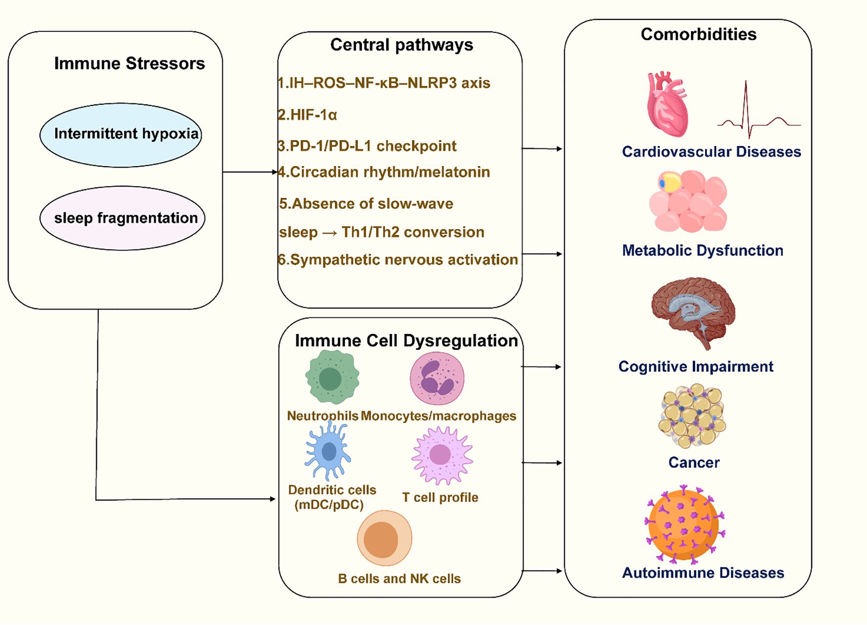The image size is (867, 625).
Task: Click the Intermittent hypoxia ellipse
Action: [x=121, y=135]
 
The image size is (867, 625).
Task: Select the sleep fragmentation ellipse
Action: [x=122, y=218]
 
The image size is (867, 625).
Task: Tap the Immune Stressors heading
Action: [x=129, y=64]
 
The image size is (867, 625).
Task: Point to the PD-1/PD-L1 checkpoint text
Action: [x=367, y=146]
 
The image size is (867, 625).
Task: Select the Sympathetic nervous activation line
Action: [x=398, y=260]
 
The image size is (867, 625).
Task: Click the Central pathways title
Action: [x=401, y=45]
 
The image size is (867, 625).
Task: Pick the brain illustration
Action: [x=692, y=311]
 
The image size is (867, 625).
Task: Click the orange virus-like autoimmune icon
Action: [x=684, y=524]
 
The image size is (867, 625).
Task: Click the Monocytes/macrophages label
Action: [x=438, y=416]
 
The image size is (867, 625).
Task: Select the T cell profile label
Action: [x=440, y=498]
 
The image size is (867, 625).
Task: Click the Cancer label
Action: [x=693, y=462]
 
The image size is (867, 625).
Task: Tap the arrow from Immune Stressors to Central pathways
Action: [x=250, y=172]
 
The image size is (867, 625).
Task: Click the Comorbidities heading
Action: [x=698, y=34]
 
